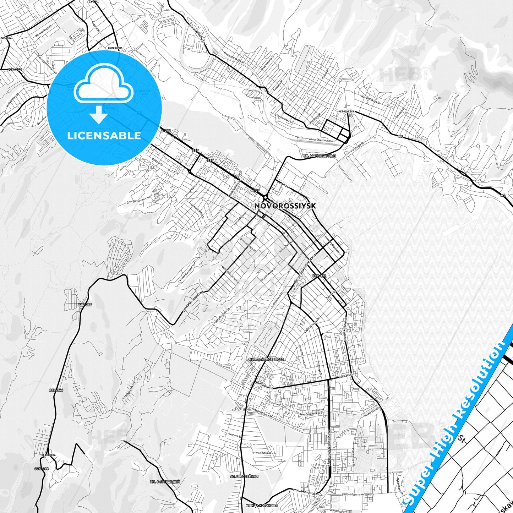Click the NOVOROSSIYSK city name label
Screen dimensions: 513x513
point(285,206)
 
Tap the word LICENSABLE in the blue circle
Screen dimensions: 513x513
point(104,136)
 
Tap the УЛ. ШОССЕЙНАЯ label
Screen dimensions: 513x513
point(244,476)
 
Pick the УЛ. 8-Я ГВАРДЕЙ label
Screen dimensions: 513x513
point(165,482)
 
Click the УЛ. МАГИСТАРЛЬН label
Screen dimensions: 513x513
point(320,155)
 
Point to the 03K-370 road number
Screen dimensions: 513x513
point(15,70)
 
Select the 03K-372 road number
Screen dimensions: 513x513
point(319,276)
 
